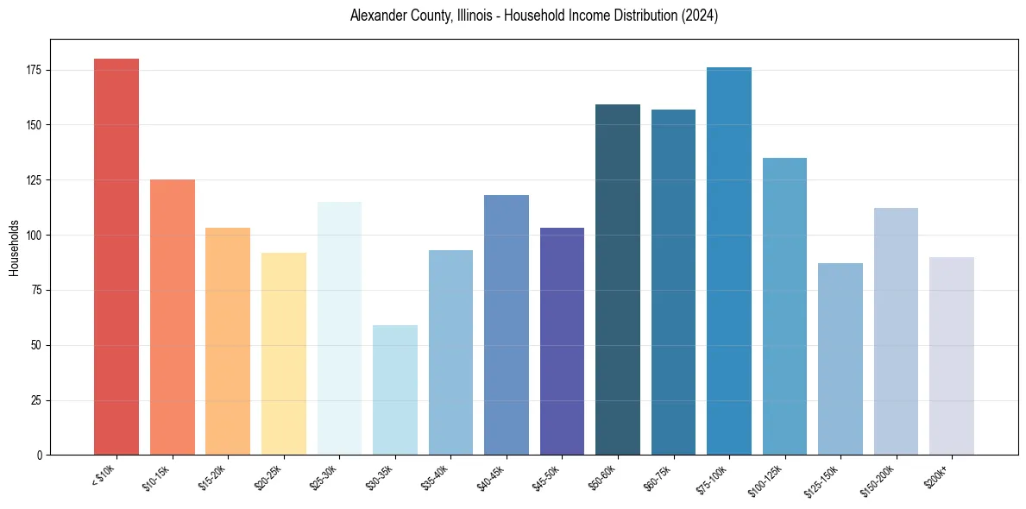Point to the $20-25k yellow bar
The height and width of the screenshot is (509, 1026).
point(284,354)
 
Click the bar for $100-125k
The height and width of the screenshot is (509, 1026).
point(784,306)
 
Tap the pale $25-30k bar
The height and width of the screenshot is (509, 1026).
point(339,329)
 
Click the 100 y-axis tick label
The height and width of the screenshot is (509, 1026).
point(35,236)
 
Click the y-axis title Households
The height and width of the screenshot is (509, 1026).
point(14,247)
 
